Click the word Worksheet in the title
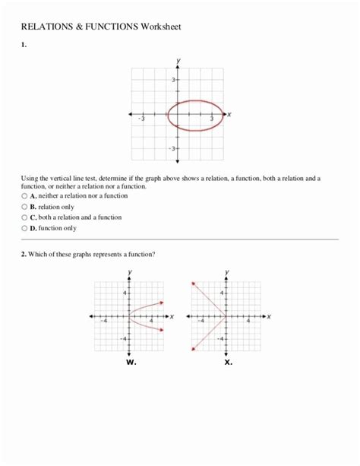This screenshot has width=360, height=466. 160,27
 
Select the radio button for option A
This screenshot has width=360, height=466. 24,195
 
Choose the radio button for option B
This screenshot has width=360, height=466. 24,206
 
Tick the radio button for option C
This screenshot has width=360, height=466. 24,217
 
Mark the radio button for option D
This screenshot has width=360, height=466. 24,227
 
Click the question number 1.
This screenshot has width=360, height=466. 24,45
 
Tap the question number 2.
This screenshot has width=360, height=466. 24,254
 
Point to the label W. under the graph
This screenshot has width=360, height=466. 131,362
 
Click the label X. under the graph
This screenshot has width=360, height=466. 228,362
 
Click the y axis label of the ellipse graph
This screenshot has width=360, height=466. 178,60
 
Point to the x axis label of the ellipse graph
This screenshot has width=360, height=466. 229,114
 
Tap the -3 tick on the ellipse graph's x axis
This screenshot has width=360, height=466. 141,119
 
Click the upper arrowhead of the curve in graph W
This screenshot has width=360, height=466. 161,303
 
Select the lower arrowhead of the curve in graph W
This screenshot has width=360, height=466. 161,329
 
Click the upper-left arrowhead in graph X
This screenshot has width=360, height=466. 194,282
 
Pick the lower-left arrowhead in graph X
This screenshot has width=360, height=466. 194,350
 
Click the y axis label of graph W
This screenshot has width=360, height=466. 131,272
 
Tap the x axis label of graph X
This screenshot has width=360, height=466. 269,316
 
